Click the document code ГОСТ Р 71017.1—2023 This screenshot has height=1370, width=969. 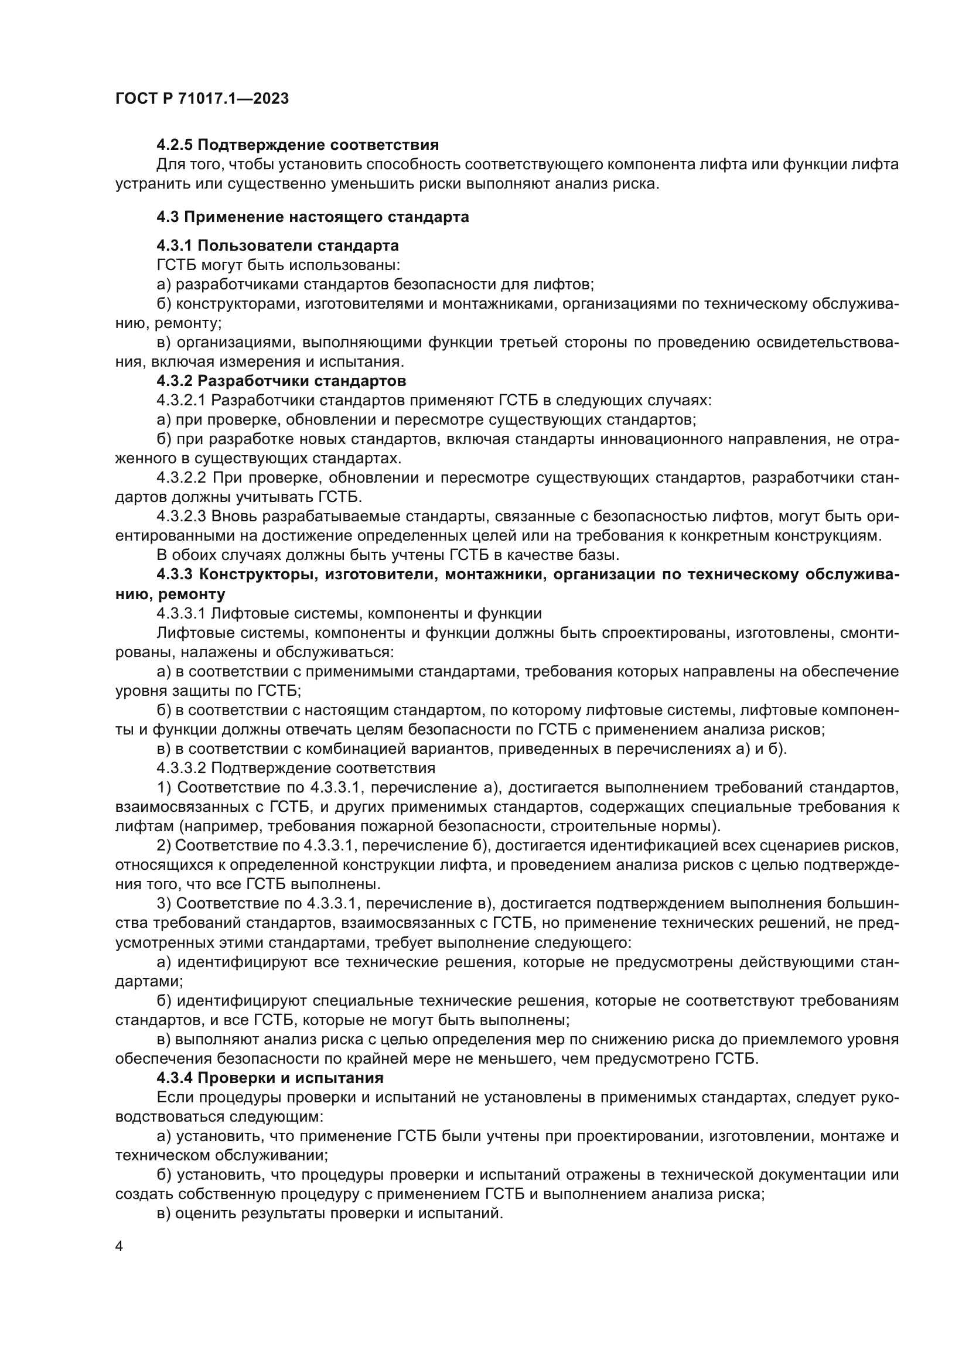click(202, 98)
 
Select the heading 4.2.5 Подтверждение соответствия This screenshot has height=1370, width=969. click(297, 145)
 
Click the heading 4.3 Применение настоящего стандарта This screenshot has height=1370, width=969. click(313, 217)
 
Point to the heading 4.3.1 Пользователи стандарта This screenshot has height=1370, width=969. click(278, 245)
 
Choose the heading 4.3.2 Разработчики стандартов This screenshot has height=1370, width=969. click(281, 381)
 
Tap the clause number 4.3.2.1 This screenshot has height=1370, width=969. click(182, 401)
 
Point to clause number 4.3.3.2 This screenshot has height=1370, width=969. click(182, 768)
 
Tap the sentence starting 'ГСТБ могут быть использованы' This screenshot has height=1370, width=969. click(278, 265)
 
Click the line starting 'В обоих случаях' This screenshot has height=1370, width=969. click(388, 555)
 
